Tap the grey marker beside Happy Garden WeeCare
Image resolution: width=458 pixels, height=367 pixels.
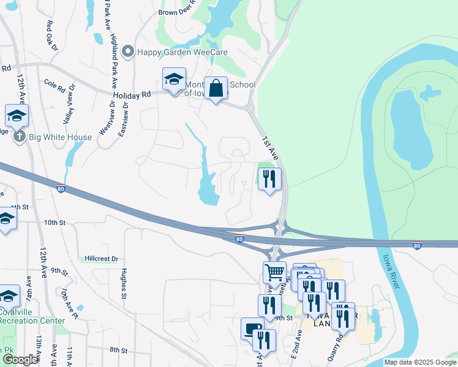point(128,52)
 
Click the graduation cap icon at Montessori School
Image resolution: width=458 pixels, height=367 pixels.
point(174,80)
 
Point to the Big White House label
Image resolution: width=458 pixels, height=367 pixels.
point(61,137)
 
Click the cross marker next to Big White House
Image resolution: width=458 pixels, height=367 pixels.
point(20,136)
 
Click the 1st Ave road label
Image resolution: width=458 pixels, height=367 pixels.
point(271,149)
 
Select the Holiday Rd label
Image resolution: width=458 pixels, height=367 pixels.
point(132,95)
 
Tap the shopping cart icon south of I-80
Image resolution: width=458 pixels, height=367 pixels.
point(274,272)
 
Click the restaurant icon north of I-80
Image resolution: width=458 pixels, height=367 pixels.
point(269,179)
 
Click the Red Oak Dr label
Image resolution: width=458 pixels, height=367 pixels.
point(52,35)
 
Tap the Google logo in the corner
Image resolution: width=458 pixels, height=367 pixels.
point(20,360)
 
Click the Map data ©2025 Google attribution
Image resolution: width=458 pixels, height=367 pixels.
point(419,362)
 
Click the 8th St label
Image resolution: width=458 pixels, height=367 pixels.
point(118,350)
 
